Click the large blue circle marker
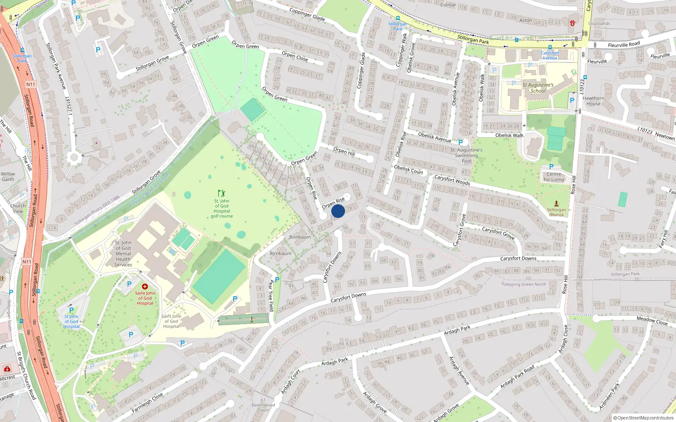point(338,211)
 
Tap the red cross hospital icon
point(145,287)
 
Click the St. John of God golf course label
point(222,208)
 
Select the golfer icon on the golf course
point(221,194)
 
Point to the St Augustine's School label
point(538,88)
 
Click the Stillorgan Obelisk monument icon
point(556,203)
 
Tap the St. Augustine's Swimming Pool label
point(466,155)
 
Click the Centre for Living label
point(554,177)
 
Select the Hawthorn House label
point(593,101)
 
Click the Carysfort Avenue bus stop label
point(550,55)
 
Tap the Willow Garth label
point(8,176)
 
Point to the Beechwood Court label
point(263,407)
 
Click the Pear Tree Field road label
point(271,295)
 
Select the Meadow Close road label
point(652,321)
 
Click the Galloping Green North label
point(523,284)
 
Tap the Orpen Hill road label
point(344,151)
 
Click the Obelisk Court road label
point(408,170)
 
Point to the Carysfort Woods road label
point(452,180)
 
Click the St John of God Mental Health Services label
point(123,254)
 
